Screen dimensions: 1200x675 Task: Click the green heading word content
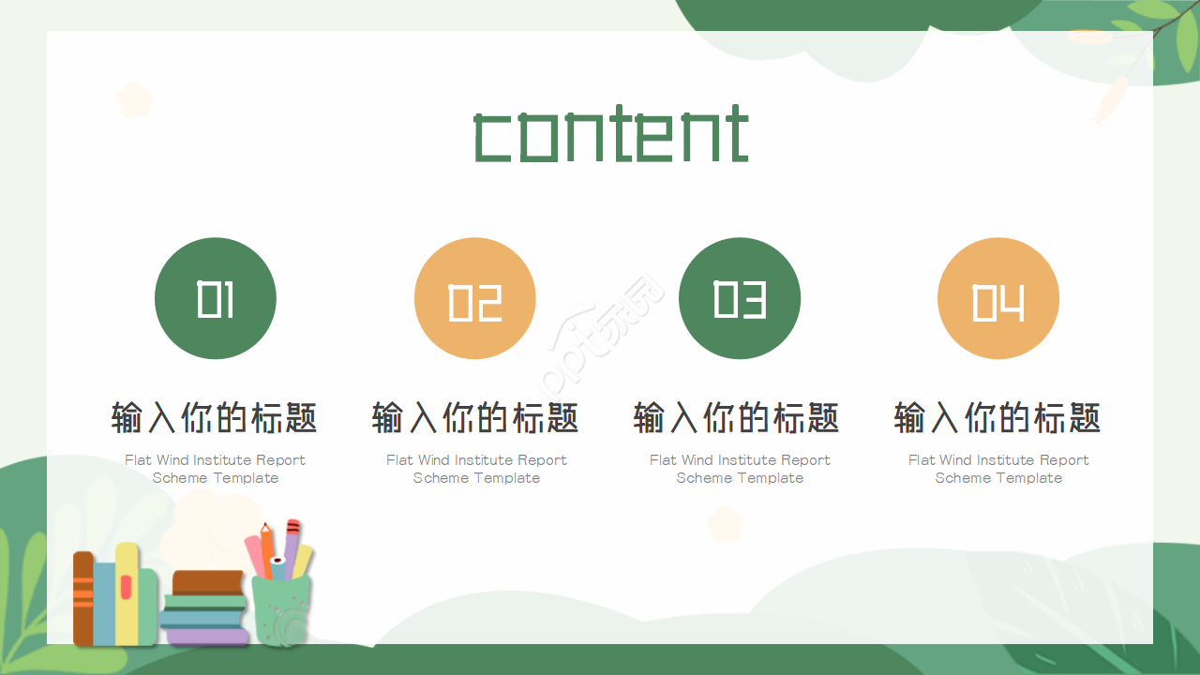point(611,133)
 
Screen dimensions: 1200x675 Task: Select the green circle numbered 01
point(216,298)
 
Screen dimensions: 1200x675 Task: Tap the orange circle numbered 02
point(475,298)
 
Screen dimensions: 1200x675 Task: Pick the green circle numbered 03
point(740,298)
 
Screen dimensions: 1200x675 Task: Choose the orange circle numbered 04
point(998,298)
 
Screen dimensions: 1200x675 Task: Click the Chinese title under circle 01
point(215,417)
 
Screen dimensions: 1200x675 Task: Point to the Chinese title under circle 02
point(475,417)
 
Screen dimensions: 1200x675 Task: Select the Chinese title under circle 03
point(737,417)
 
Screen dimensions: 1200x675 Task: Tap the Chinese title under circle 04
point(997,417)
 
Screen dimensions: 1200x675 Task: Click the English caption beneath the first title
point(215,469)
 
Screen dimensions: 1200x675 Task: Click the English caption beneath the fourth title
point(998,469)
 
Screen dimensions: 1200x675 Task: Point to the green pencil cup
point(281,609)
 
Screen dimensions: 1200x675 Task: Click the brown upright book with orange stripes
point(83,598)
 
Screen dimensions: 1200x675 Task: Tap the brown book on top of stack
point(207,582)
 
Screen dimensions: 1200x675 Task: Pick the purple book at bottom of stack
point(207,636)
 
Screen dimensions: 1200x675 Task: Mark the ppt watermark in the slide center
point(601,337)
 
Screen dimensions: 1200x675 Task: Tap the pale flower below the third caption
point(725,524)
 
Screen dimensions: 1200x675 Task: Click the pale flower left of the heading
point(134,99)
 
